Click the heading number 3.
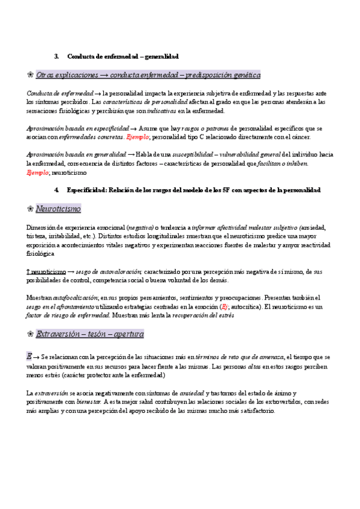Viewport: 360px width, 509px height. pos(56,56)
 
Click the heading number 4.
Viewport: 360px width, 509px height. pos(56,190)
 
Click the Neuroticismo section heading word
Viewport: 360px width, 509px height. pos(58,209)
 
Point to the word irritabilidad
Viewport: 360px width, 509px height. pos(68,236)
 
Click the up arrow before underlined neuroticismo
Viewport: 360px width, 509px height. pos(28,271)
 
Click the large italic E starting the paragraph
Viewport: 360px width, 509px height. pos(29,357)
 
